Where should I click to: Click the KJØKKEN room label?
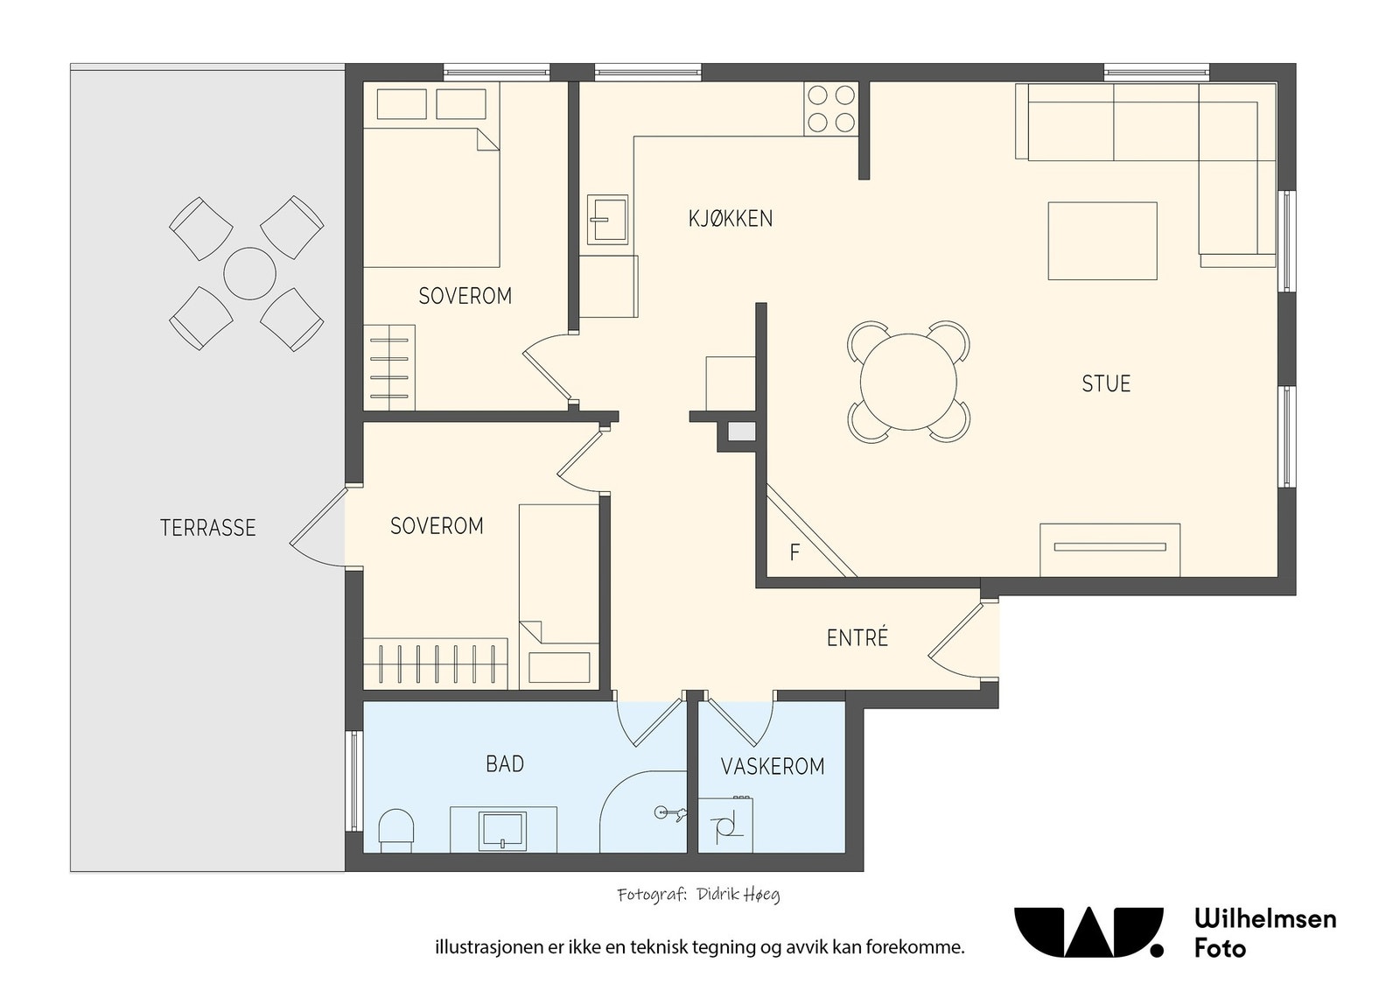[730, 219]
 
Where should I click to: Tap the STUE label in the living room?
[1106, 383]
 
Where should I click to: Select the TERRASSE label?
[208, 528]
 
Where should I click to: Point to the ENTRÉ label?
[857, 637]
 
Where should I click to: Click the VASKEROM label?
[773, 766]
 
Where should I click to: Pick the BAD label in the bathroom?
[505, 763]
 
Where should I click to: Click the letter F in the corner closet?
[795, 552]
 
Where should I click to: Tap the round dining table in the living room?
[909, 382]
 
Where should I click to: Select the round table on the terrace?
[249, 274]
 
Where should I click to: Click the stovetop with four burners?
[831, 109]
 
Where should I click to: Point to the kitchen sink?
[607, 220]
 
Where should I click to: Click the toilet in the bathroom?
[396, 831]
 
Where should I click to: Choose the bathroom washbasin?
[503, 831]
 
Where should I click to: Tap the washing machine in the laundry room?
[725, 826]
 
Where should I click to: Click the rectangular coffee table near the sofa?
[1102, 241]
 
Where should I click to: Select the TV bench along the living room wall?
[1110, 550]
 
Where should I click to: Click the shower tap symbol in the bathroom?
[670, 812]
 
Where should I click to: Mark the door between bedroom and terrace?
[318, 527]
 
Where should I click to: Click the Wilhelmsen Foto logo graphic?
[1088, 932]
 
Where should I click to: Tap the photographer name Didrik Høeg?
[738, 895]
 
